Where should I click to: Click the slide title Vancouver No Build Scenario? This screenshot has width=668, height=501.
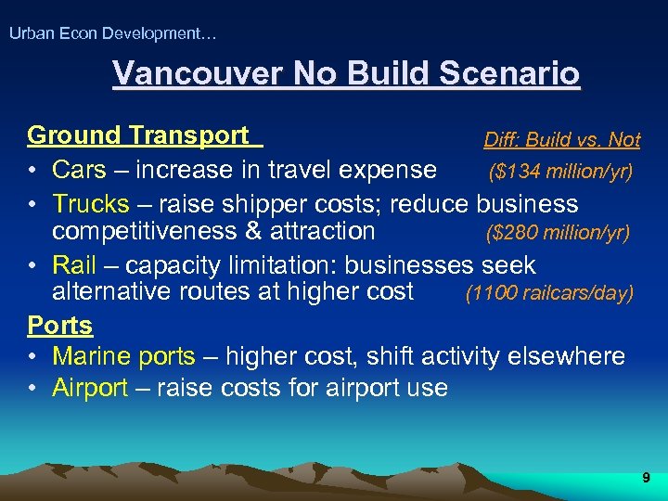coord(345,73)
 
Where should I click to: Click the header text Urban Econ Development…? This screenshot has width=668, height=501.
coord(112,33)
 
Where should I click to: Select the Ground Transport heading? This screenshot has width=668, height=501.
coord(139,135)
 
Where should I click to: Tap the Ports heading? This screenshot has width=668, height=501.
coord(60,326)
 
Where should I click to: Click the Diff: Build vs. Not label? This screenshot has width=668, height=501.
coord(561,140)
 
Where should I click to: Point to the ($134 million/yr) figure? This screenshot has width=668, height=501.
coord(560,171)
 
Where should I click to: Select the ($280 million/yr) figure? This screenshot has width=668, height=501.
coord(558,231)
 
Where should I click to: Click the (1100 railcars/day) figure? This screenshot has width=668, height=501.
coord(549,293)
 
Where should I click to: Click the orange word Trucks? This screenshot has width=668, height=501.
coord(91,203)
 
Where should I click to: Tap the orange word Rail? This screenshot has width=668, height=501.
coord(74,265)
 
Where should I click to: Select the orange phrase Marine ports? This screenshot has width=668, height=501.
coord(123,356)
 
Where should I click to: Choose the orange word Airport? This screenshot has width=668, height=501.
coord(90,388)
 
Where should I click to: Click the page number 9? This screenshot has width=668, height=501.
coord(646,478)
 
